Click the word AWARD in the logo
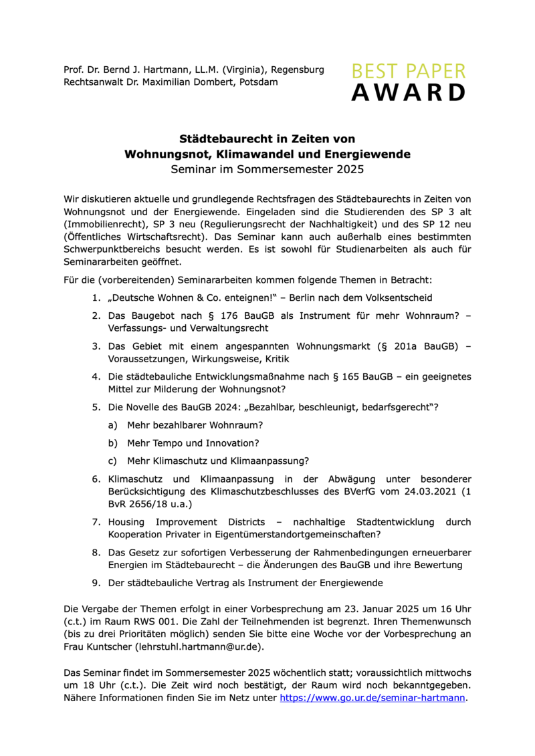pyautogui.click(x=408, y=92)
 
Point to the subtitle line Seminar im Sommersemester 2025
pyautogui.click(x=267, y=169)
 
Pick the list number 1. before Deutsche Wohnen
pyautogui.click(x=97, y=297)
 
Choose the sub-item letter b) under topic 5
pyautogui.click(x=112, y=443)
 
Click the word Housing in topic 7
pyautogui.click(x=128, y=521)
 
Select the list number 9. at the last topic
pyautogui.click(x=97, y=582)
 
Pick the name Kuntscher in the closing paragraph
pyautogui.click(x=110, y=648)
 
